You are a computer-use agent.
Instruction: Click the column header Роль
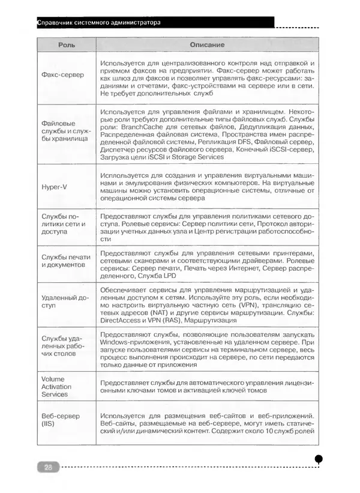[x=65, y=46]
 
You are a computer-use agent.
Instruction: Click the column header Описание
[x=207, y=46]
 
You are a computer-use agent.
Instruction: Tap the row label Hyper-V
[x=54, y=186]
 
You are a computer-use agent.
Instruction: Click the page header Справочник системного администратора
[x=99, y=23]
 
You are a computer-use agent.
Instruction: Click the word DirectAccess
[x=121, y=321]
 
